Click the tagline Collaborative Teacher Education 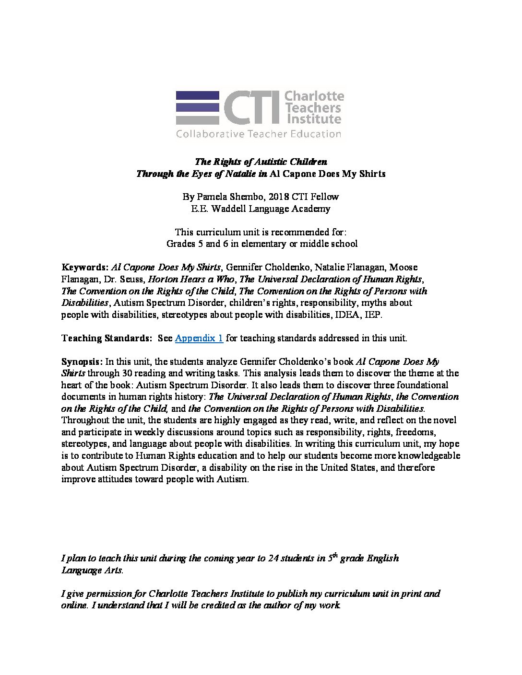click(x=259, y=134)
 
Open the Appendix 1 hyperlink click(x=199, y=338)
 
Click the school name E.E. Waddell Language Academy click(x=261, y=209)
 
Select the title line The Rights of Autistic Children click(x=261, y=162)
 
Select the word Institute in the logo click(x=314, y=119)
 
